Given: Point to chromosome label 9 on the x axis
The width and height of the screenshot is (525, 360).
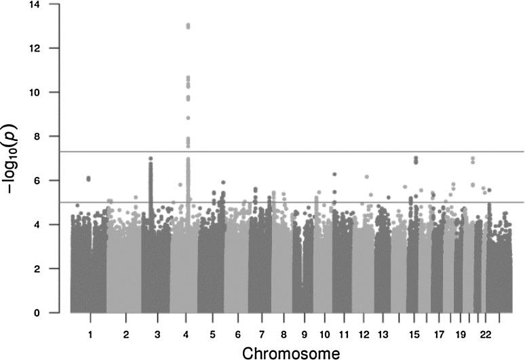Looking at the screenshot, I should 305,334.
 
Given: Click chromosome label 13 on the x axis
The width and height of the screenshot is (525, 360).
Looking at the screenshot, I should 383,334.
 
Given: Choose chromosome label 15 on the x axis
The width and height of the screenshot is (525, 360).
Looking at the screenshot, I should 416,334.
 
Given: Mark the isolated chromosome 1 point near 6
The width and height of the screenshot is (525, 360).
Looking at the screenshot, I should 89,178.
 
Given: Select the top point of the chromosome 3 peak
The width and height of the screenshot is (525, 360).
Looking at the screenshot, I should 151,159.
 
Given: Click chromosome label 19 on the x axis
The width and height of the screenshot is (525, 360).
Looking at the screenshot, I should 461,334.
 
